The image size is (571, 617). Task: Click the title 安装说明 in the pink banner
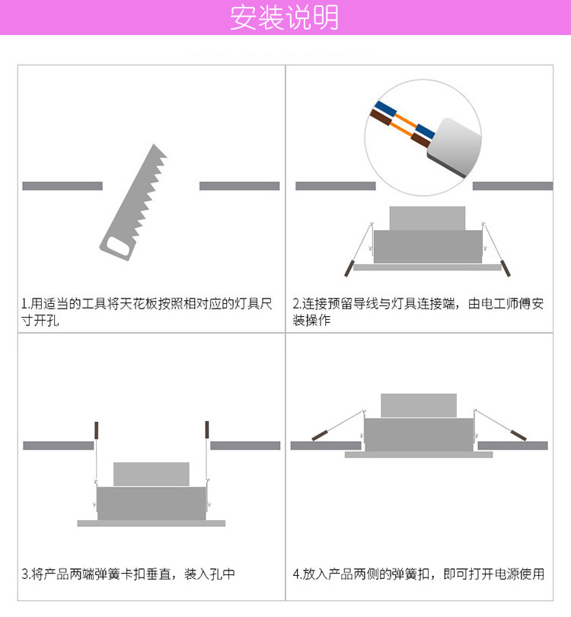click(284, 18)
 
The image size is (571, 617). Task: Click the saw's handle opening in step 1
click(117, 247)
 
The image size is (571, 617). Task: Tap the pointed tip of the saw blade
click(154, 145)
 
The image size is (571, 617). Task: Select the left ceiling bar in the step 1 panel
click(62, 186)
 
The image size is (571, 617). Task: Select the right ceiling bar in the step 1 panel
click(240, 186)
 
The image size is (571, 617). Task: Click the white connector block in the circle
click(455, 147)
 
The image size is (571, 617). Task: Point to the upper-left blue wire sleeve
click(385, 109)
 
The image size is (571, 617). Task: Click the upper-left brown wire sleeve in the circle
click(380, 117)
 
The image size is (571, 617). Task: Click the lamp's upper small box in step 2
click(427, 218)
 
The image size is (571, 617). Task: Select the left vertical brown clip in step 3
click(97, 430)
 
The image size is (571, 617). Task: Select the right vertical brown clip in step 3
click(207, 430)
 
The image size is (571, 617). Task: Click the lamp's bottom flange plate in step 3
click(152, 523)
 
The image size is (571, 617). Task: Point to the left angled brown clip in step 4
click(320, 435)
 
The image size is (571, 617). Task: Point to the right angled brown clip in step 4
click(518, 435)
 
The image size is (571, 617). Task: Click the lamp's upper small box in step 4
click(419, 405)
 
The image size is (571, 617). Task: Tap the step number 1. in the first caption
click(26, 304)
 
